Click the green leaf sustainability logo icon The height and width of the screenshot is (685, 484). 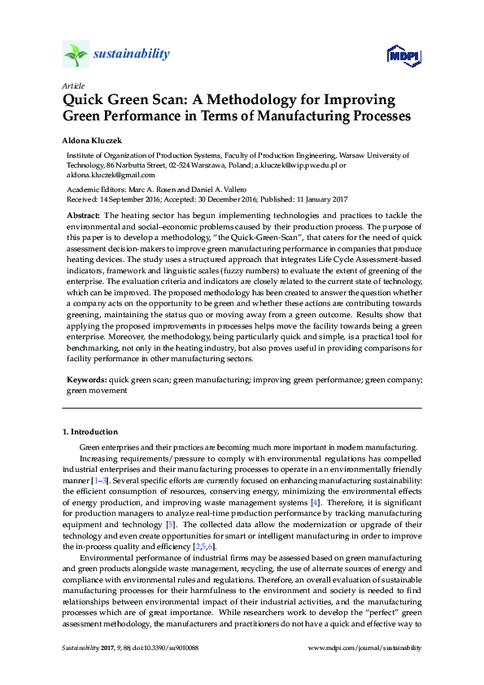pos(76,55)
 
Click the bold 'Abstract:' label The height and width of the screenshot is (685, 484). pos(85,215)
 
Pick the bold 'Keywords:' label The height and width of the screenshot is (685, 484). pos(86,379)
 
